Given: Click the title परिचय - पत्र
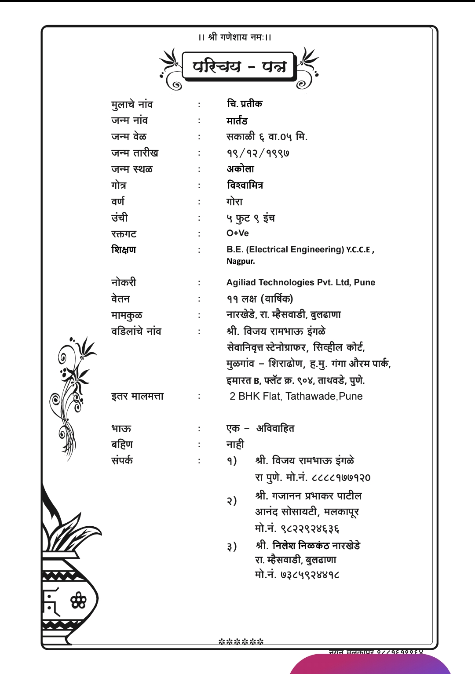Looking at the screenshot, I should tap(239, 66).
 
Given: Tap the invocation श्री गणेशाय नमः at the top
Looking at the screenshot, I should tap(235, 37).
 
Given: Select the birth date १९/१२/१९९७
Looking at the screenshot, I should tap(258, 153).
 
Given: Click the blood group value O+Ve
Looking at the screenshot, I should tap(237, 233).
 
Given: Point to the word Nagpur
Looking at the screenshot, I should tap(241, 261).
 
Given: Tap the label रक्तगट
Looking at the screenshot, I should tap(124, 233).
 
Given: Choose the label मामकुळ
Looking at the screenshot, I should tap(127, 315).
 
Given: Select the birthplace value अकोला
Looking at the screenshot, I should tap(240, 169).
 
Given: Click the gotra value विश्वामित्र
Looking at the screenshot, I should tap(245, 185).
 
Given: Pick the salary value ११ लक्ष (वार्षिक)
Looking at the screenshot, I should tap(259, 299).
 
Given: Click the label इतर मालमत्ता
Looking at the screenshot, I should tap(137, 396).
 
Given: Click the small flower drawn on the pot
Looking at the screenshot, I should tap(78, 600).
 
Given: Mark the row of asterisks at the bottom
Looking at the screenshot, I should tap(241, 641).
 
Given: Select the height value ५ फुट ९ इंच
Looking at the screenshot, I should tap(251, 218).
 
